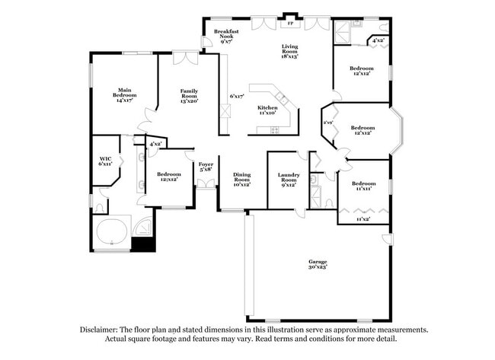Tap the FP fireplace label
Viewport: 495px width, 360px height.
coord(289,22)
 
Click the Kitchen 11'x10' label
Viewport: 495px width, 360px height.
coord(267,111)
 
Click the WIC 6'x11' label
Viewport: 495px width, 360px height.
coord(105,161)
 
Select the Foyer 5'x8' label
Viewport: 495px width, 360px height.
coord(206,167)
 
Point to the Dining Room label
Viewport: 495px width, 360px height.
coord(242,179)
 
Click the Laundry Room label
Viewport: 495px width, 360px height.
coord(288,179)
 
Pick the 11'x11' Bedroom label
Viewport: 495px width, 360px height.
coord(363,186)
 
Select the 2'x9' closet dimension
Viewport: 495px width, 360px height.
coord(328,123)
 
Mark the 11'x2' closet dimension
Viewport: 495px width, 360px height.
coord(364,219)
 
